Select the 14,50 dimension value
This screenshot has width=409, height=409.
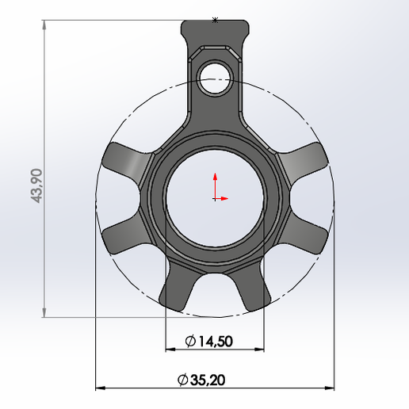click(215, 342)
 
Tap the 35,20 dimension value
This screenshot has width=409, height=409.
click(208, 380)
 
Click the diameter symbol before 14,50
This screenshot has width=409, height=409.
click(190, 342)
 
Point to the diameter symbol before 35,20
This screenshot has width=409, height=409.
click(183, 380)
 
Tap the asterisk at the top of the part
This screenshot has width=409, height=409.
click(215, 21)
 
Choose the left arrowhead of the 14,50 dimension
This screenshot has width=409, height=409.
click(170, 350)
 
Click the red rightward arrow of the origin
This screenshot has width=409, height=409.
click(226, 197)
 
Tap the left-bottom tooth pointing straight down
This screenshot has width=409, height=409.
click(176, 290)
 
